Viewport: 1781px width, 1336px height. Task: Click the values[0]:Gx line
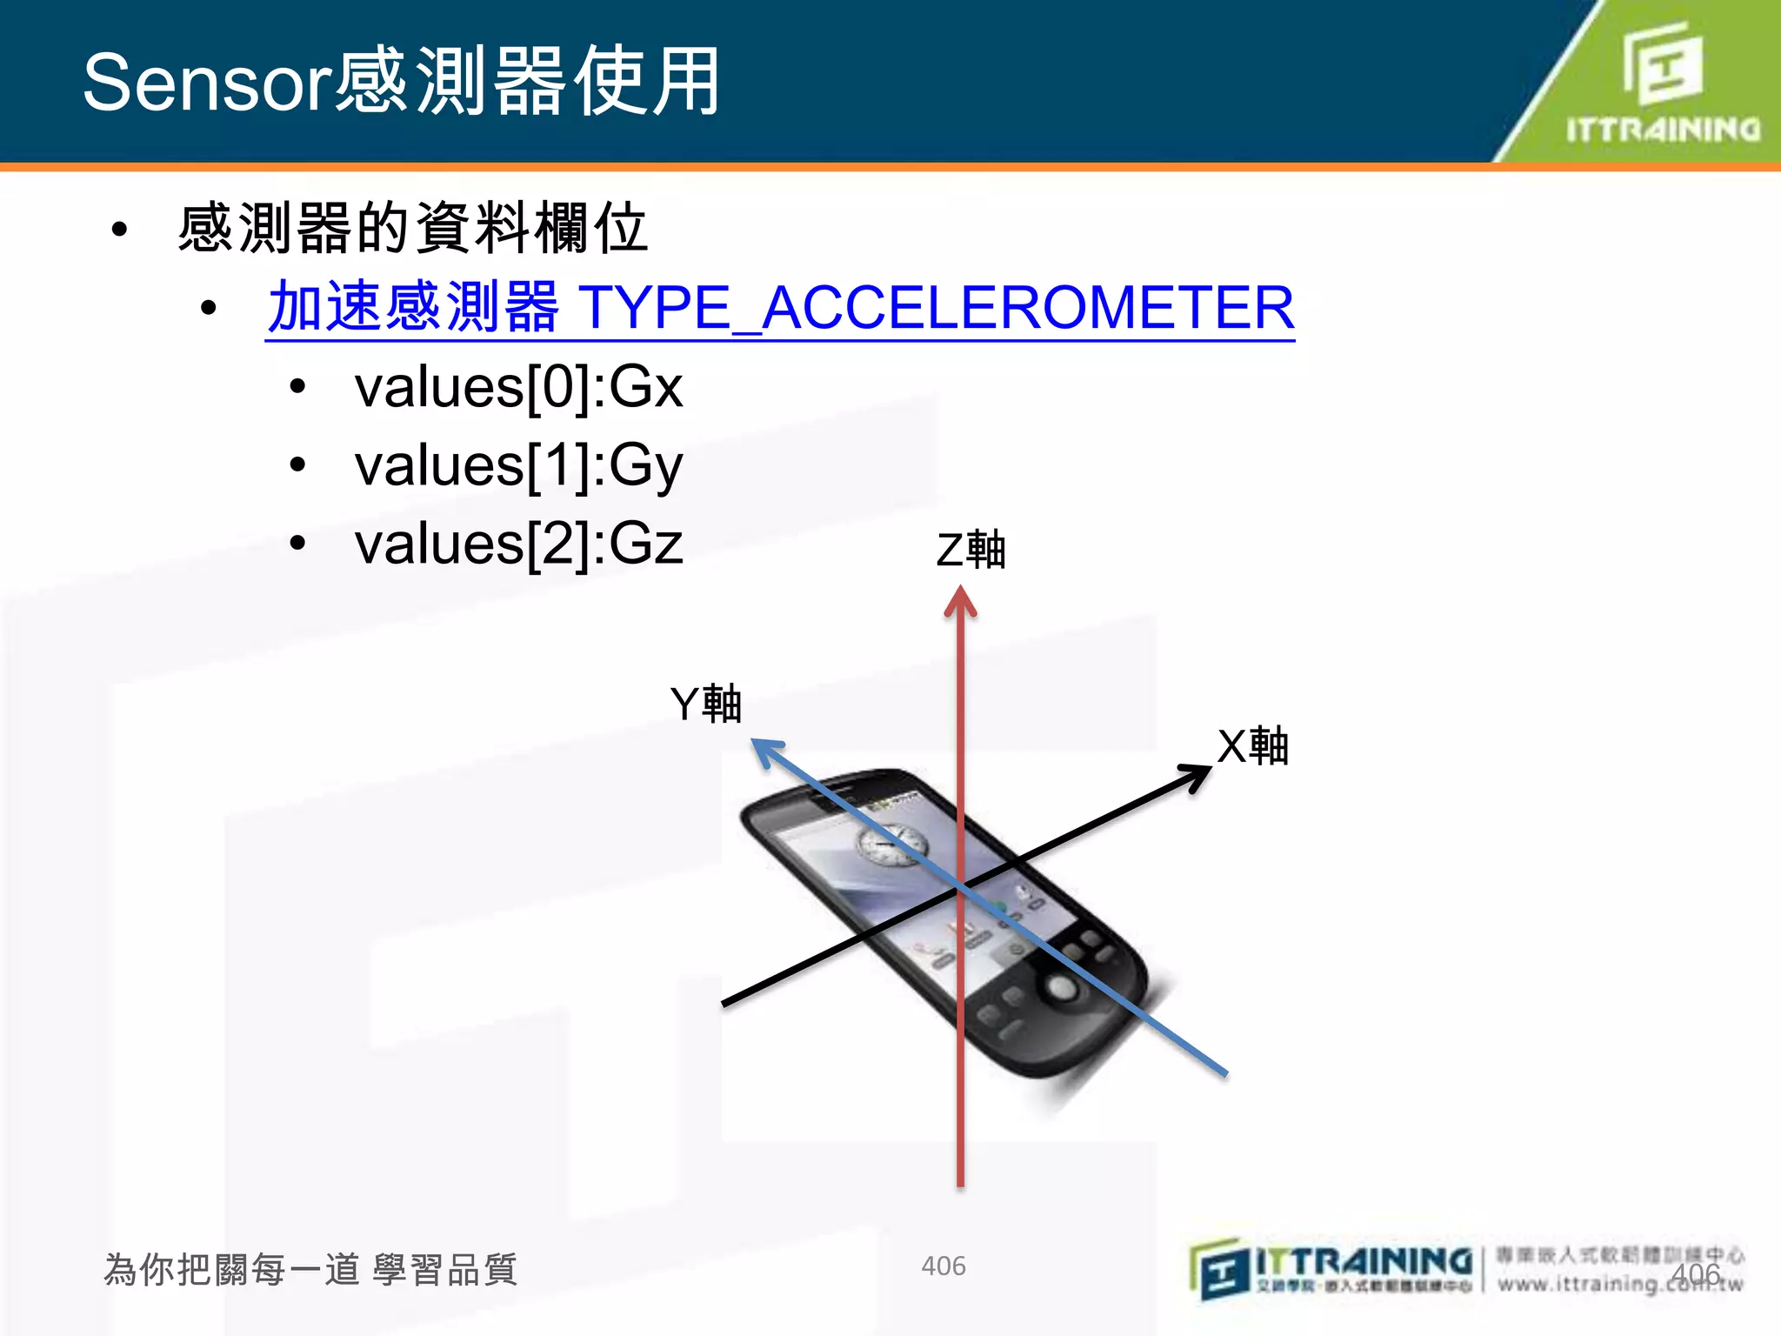[518, 387]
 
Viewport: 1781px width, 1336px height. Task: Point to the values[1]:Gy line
[518, 465]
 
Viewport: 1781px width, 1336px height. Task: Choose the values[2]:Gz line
[518, 544]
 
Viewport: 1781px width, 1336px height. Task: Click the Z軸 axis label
[971, 551]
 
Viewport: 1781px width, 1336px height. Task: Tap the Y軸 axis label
[705, 704]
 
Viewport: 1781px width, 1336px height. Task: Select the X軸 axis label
[1252, 746]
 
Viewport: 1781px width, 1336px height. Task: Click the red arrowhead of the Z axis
[960, 601]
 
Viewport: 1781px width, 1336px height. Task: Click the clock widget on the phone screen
[888, 845]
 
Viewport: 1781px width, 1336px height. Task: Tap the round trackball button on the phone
[1060, 987]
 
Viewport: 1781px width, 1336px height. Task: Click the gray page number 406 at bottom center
[943, 1266]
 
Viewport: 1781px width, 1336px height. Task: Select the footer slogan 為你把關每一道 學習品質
[310, 1270]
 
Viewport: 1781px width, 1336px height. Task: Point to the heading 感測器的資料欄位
[412, 229]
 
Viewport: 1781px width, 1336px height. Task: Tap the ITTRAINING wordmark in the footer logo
[1364, 1261]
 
